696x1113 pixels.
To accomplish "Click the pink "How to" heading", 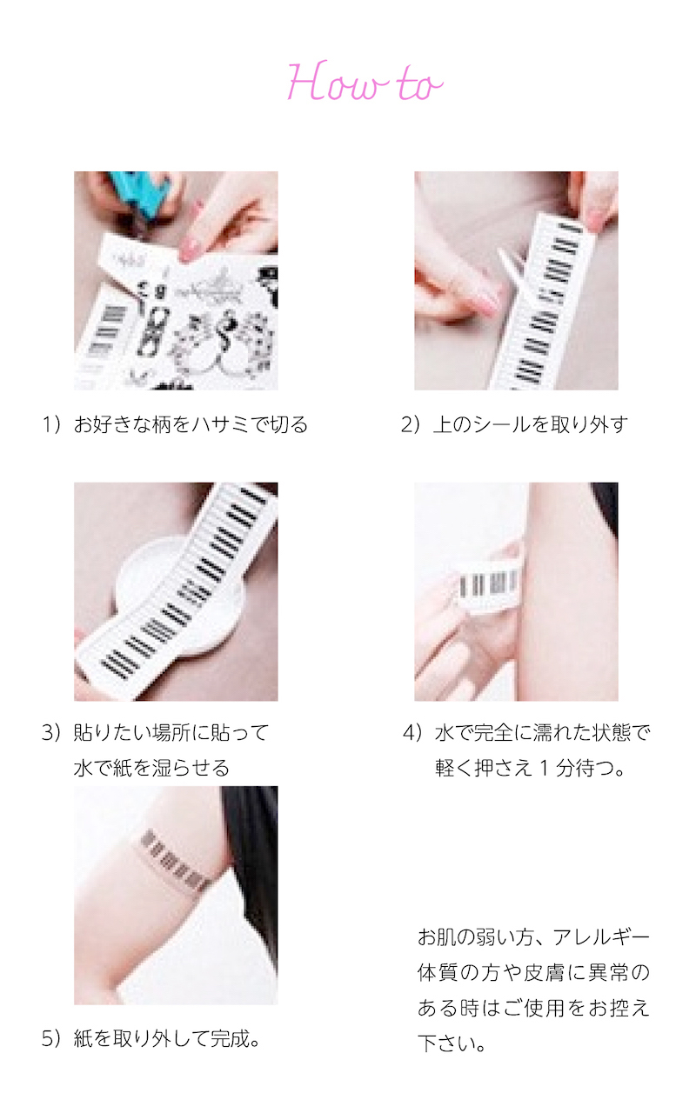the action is point(365,82).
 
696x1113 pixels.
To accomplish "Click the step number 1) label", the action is point(51,425).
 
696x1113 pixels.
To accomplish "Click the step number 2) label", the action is point(412,425).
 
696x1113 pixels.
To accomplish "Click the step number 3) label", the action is point(51,732).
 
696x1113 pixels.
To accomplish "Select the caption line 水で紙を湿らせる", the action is point(151,768).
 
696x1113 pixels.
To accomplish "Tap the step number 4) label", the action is point(413,732).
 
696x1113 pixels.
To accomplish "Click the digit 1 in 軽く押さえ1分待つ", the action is point(545,768).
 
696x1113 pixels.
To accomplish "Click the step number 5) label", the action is point(51,1038).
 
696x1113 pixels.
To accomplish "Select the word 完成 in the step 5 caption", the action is point(231,1038).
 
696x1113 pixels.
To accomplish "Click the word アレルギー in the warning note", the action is point(601,937).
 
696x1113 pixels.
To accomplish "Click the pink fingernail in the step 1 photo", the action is point(187,249).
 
